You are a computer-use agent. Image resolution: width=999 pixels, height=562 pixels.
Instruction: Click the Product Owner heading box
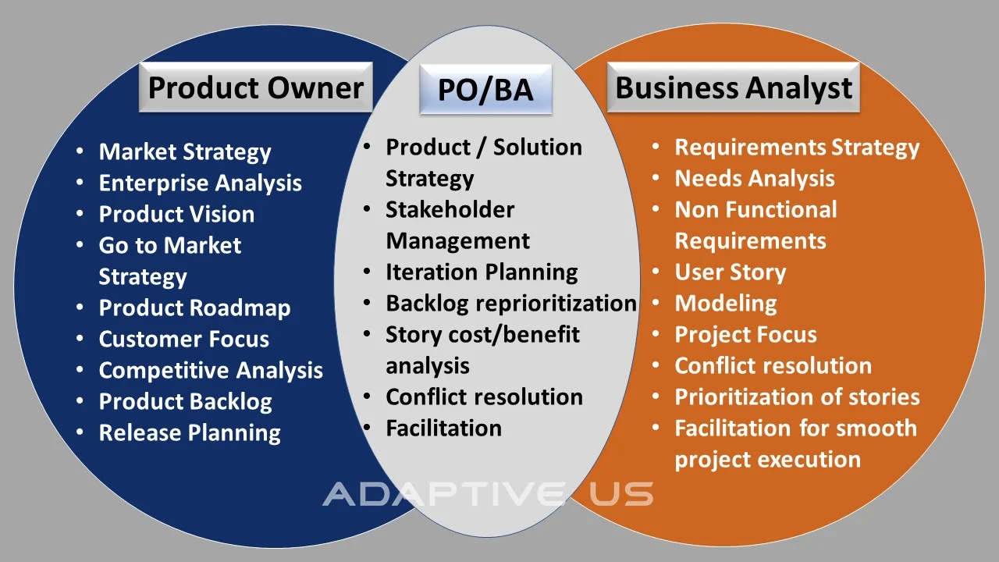[255, 87]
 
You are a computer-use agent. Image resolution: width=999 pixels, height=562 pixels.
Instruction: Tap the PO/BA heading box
[485, 89]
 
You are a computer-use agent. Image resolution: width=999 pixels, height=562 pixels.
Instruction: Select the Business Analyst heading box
[733, 87]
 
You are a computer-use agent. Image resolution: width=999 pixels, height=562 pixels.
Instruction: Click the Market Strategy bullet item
[185, 151]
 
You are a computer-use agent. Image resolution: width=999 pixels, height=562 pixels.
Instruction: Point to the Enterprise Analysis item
[200, 183]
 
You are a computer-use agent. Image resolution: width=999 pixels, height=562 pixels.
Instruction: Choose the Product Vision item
[176, 214]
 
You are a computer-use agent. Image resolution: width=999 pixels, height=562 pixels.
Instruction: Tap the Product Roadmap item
[194, 308]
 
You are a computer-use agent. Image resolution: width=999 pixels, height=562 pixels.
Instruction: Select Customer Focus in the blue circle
[183, 339]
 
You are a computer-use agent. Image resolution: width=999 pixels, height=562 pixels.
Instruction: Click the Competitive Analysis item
[211, 370]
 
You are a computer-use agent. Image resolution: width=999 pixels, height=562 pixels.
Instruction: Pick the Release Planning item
[190, 432]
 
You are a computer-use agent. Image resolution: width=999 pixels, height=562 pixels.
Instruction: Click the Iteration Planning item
[482, 272]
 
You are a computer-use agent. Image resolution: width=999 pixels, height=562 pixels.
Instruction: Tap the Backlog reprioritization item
[511, 303]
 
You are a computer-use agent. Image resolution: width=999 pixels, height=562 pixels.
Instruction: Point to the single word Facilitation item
[443, 428]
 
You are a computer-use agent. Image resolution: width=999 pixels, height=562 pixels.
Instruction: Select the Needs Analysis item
[755, 178]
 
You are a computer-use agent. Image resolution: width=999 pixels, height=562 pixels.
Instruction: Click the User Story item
[731, 272]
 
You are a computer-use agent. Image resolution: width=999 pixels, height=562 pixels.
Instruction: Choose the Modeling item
[726, 303]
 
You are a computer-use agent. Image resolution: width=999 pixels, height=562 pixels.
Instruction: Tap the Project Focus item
[745, 334]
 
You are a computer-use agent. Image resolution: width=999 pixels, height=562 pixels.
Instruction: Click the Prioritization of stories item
[797, 397]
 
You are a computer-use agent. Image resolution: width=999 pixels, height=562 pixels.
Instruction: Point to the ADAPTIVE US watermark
[488, 493]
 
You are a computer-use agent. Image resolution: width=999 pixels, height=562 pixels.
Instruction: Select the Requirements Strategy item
[797, 147]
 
